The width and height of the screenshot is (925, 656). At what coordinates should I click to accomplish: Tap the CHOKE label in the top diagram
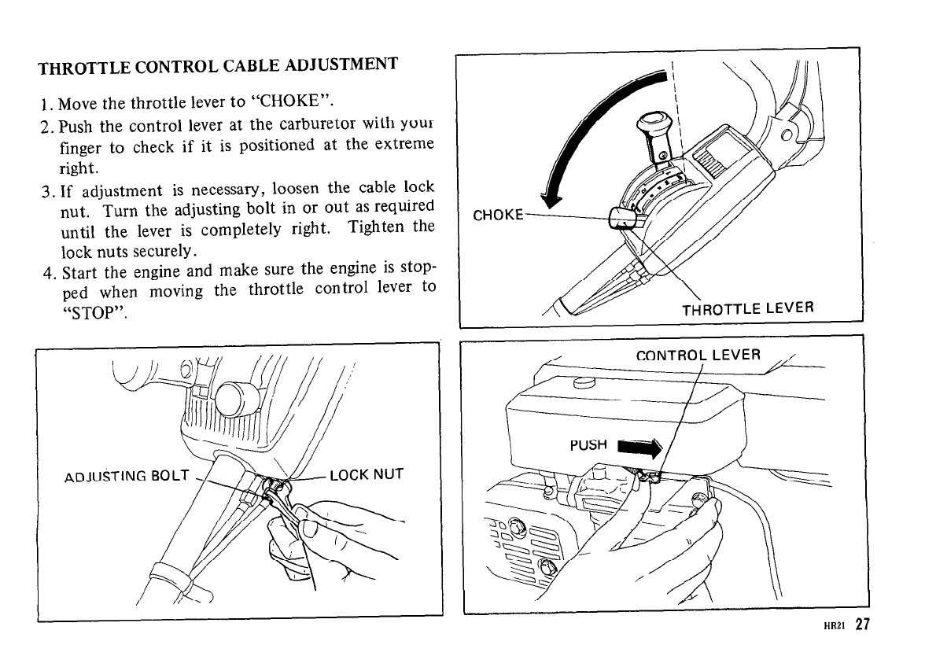(x=498, y=216)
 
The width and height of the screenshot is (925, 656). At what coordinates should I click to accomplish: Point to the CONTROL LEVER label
(x=698, y=355)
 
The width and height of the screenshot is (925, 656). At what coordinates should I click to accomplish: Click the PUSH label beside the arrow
(x=589, y=445)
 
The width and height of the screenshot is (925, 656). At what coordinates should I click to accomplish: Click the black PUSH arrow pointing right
(x=641, y=449)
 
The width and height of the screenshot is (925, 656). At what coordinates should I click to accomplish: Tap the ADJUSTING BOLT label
(x=126, y=475)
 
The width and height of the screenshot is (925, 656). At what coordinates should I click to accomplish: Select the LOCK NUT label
(x=367, y=474)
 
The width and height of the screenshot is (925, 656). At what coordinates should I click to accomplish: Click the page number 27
(x=864, y=625)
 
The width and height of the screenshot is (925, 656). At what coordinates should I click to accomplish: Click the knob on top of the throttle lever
(x=652, y=124)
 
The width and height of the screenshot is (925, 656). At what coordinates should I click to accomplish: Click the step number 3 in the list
(x=46, y=189)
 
